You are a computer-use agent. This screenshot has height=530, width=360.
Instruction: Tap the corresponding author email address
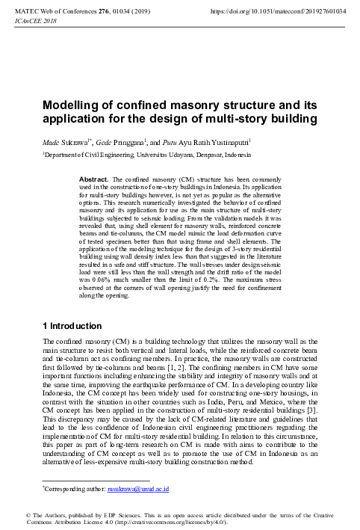(137, 489)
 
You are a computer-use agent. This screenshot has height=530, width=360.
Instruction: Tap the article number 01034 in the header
(136, 12)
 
